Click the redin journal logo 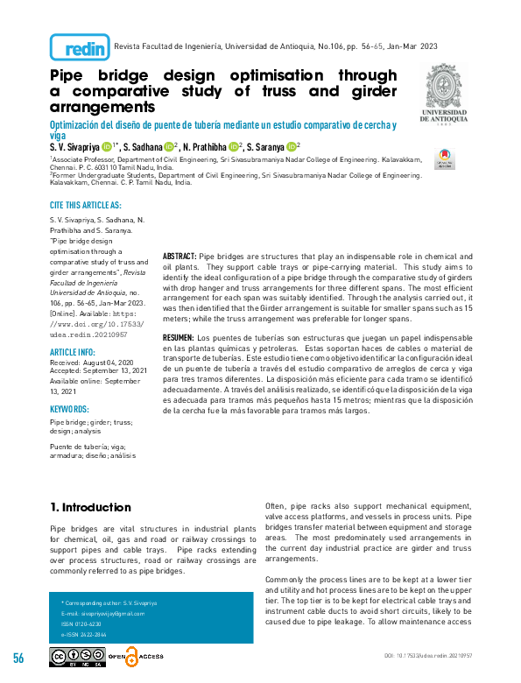point(80,47)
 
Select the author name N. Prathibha point(204,147)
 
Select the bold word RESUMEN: point(179,337)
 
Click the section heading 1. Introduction point(90,507)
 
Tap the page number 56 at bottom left point(18,658)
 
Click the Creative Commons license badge point(78,657)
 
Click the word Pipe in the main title point(67,76)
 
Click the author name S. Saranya point(269,147)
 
